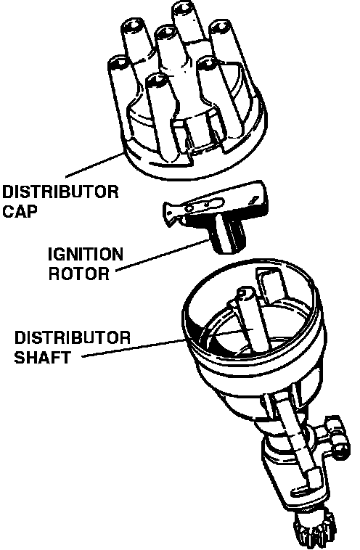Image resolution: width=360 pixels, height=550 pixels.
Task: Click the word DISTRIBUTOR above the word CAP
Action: (x=60, y=192)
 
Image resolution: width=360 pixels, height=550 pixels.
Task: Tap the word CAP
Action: (x=20, y=211)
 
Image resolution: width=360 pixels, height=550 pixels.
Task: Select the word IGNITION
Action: (x=86, y=255)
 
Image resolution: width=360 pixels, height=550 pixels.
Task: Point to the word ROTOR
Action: (x=79, y=274)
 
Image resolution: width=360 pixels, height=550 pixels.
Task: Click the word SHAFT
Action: (x=42, y=358)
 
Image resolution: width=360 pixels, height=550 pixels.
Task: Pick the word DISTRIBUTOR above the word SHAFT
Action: (x=73, y=337)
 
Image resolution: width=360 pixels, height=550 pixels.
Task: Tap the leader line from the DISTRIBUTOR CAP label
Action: (x=94, y=165)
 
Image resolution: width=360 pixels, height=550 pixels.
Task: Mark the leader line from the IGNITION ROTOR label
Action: (x=162, y=255)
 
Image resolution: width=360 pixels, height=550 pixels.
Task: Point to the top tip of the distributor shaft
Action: (x=245, y=292)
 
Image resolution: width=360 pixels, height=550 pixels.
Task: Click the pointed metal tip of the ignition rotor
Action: (x=170, y=211)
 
